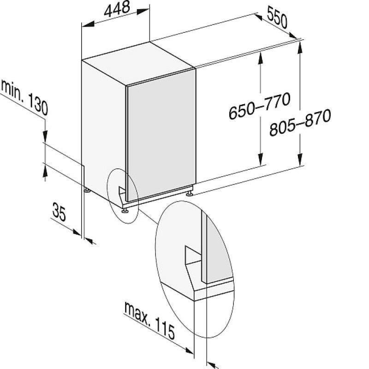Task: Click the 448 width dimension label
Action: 117,9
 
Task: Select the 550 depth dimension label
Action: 277,18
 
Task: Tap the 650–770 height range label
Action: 259,106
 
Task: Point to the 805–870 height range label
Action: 300,122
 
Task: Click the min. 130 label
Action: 24,97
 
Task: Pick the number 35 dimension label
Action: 59,212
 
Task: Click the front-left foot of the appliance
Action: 124,210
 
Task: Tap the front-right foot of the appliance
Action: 190,194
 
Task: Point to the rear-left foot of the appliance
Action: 87,190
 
